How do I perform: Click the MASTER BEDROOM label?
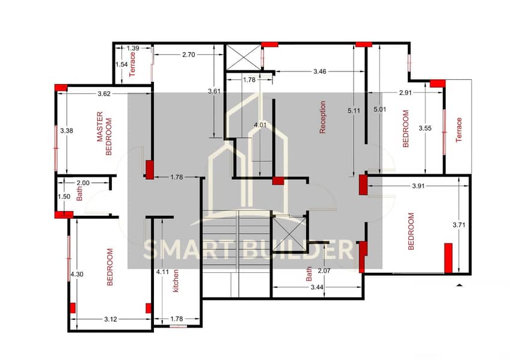(104, 133)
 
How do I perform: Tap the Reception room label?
(322, 117)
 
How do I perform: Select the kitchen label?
(176, 281)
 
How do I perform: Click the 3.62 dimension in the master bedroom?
(104, 94)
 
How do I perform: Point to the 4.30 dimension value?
(77, 274)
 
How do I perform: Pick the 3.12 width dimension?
(111, 319)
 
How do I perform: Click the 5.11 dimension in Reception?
(354, 111)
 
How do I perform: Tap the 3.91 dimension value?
(418, 186)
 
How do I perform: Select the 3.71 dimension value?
(459, 225)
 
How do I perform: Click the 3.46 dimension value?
(320, 72)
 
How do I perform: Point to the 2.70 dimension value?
(189, 55)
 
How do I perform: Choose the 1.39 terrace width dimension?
(133, 48)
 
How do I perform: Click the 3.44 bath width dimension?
(317, 287)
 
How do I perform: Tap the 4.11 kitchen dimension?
(162, 272)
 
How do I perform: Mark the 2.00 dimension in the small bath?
(83, 183)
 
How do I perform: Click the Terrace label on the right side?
(459, 130)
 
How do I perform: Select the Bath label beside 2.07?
(309, 274)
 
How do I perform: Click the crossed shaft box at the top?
(244, 57)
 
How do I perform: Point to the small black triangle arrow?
(459, 285)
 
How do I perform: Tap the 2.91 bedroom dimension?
(405, 93)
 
